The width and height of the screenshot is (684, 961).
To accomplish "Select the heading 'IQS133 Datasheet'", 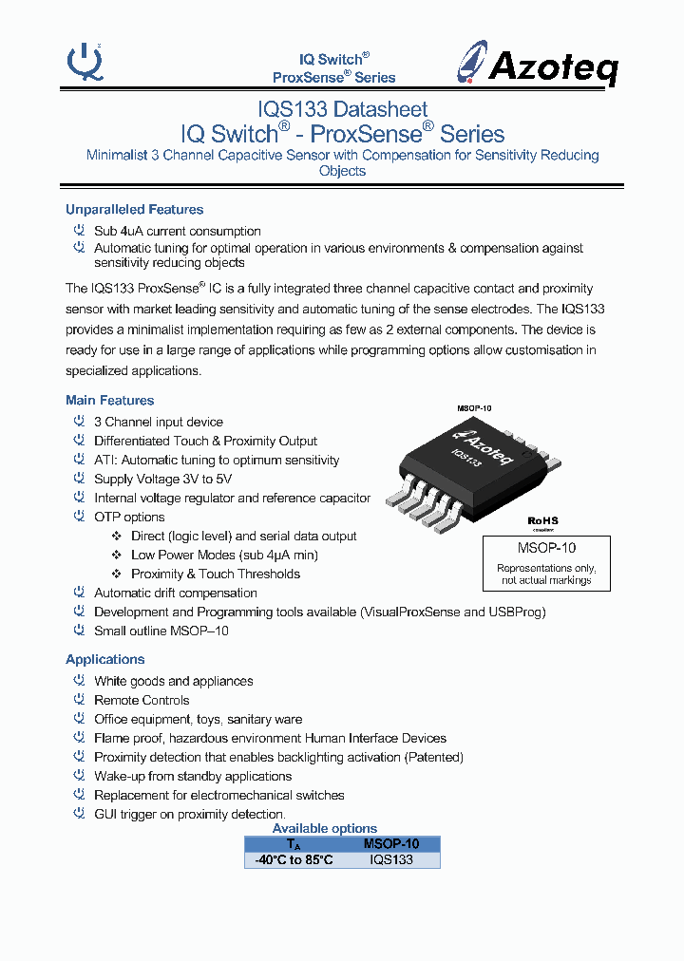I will pyautogui.click(x=342, y=110).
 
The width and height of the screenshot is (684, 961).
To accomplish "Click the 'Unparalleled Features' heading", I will pyautogui.click(x=134, y=210).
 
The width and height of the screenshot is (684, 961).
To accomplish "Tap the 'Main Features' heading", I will pyautogui.click(x=109, y=401).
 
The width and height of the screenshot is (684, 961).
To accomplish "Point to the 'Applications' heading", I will pyautogui.click(x=104, y=660).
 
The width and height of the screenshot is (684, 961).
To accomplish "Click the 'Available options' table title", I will pyautogui.click(x=325, y=829).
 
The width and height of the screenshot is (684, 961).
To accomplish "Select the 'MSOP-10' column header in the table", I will pyautogui.click(x=390, y=844).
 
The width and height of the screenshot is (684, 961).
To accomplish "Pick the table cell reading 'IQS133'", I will pyautogui.click(x=390, y=859).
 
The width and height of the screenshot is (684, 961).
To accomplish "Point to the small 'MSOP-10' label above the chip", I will pyautogui.click(x=474, y=407).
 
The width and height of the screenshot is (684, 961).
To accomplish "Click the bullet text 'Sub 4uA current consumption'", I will pyautogui.click(x=177, y=231).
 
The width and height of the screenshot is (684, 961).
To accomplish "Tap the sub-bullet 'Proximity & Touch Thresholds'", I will pyautogui.click(x=216, y=575).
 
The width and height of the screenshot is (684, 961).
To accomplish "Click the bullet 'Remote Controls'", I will pyautogui.click(x=142, y=701).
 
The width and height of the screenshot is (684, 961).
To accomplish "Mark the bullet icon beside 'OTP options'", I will pyautogui.click(x=80, y=517).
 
